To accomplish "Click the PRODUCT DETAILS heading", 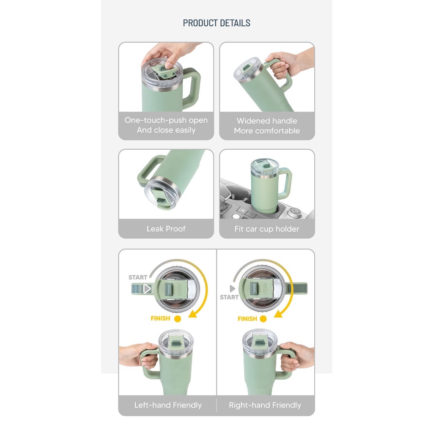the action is click(x=216, y=23).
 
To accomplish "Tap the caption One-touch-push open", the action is click(x=166, y=120).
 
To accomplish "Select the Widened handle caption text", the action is click(x=267, y=121).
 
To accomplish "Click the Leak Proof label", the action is click(x=166, y=229).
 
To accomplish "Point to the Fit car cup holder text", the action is click(x=267, y=229).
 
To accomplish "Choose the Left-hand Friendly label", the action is click(x=168, y=405).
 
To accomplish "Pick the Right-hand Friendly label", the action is click(x=265, y=405).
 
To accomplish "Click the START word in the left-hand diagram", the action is click(x=137, y=277).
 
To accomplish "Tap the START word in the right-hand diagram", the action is click(x=229, y=297).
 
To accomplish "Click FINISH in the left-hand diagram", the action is click(x=160, y=318).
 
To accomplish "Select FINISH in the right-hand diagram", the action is click(x=247, y=319).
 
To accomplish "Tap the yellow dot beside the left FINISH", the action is click(x=178, y=319).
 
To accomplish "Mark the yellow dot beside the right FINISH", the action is click(x=263, y=319).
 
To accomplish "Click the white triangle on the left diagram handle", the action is click(x=147, y=288).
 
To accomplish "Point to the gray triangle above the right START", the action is click(x=232, y=288).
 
